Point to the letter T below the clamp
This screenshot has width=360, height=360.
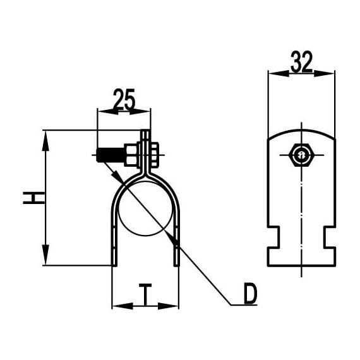145,294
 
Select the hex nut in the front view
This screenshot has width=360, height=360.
133,153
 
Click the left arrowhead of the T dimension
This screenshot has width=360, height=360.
118,307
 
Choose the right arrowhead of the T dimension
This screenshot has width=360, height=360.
172,307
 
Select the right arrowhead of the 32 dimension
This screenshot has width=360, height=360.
328,73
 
